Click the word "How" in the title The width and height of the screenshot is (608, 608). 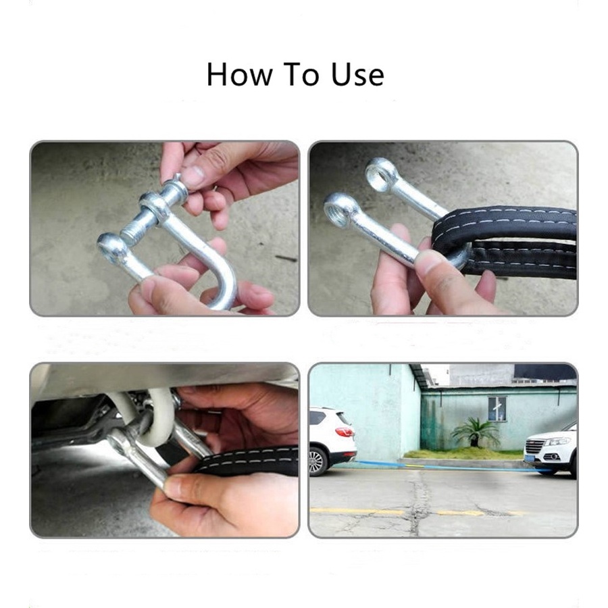[x=239, y=74]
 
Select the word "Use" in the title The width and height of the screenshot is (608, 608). [x=357, y=74]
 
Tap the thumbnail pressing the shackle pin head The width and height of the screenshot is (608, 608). [x=193, y=177]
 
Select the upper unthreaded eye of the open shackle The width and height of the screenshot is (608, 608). [x=382, y=174]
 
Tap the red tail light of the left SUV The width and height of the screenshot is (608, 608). [x=344, y=431]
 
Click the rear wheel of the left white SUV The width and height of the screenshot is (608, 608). [x=317, y=461]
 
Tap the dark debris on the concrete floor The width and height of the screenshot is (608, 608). [x=286, y=258]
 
